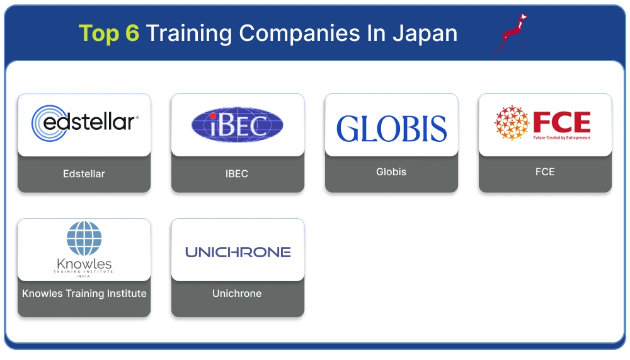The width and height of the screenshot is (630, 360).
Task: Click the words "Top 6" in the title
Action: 108,33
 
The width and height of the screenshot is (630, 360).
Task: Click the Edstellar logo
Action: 84,123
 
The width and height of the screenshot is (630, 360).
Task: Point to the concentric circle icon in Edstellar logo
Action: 47,123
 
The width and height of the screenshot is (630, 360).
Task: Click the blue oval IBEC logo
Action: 238,124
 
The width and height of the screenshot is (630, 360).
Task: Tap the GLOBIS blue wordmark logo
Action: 391,129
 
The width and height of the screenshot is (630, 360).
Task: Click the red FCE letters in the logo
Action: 561,122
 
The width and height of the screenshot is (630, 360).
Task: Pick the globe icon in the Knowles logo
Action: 84,238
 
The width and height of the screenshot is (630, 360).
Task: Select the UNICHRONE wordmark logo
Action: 238,252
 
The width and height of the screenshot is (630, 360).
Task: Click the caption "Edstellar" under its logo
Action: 84,174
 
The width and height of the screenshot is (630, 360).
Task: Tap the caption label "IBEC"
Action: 237,174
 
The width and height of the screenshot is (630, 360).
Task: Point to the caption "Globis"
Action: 391,171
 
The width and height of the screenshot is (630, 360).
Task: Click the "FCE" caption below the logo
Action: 545,171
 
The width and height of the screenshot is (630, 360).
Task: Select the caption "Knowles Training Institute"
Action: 84,293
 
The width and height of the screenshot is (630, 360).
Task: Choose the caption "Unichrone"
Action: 237,293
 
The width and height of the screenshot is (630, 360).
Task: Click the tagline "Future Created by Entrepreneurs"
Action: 561,137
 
